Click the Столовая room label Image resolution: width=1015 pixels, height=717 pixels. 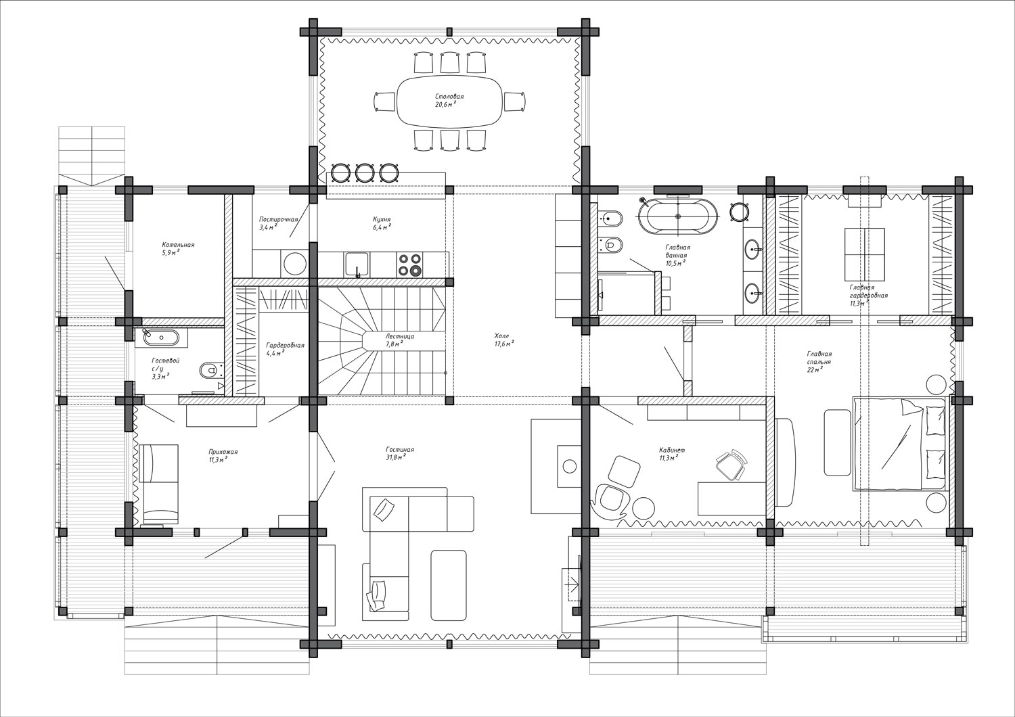coord(449,97)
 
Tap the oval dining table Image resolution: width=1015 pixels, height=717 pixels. coord(450,101)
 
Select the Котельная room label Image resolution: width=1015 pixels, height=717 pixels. coord(178,245)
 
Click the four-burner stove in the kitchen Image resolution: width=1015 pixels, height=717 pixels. coord(409,265)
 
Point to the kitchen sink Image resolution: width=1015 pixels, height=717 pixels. coord(357,265)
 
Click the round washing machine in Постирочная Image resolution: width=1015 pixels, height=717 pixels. coord(294,263)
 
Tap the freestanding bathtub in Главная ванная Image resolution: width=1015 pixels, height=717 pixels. coord(678,217)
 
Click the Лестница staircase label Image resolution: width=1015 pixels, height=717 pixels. coord(399,337)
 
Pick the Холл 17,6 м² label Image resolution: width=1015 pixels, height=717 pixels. coord(503,340)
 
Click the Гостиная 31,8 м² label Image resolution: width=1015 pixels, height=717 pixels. coord(400,453)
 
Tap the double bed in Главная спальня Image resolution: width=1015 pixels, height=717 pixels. coord(899,444)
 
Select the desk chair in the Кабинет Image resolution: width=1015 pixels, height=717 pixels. coord(731,465)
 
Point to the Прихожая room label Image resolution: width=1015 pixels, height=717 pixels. coord(223,452)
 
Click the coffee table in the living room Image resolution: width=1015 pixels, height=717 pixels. coord(448,585)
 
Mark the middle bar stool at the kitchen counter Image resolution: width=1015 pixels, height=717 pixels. coord(363,172)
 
